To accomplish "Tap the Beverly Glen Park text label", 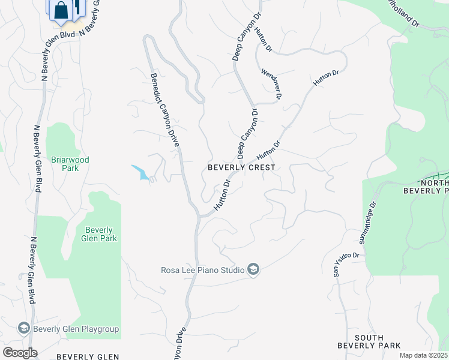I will tap(99, 234).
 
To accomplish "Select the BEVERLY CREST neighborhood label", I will tap(241, 168).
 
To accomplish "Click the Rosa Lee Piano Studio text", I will tap(202, 270).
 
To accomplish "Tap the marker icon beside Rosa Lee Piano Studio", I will tap(253, 270).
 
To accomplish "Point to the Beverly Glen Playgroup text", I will tap(76, 329).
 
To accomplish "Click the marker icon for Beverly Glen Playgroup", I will tap(23, 329).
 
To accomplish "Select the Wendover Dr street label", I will tap(271, 83).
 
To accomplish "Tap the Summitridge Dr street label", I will tap(367, 223).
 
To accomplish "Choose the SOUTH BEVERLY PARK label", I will tap(360, 341).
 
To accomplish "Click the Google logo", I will tap(19, 353).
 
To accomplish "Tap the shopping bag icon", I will tap(61, 10).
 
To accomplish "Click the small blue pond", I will tap(141, 173).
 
